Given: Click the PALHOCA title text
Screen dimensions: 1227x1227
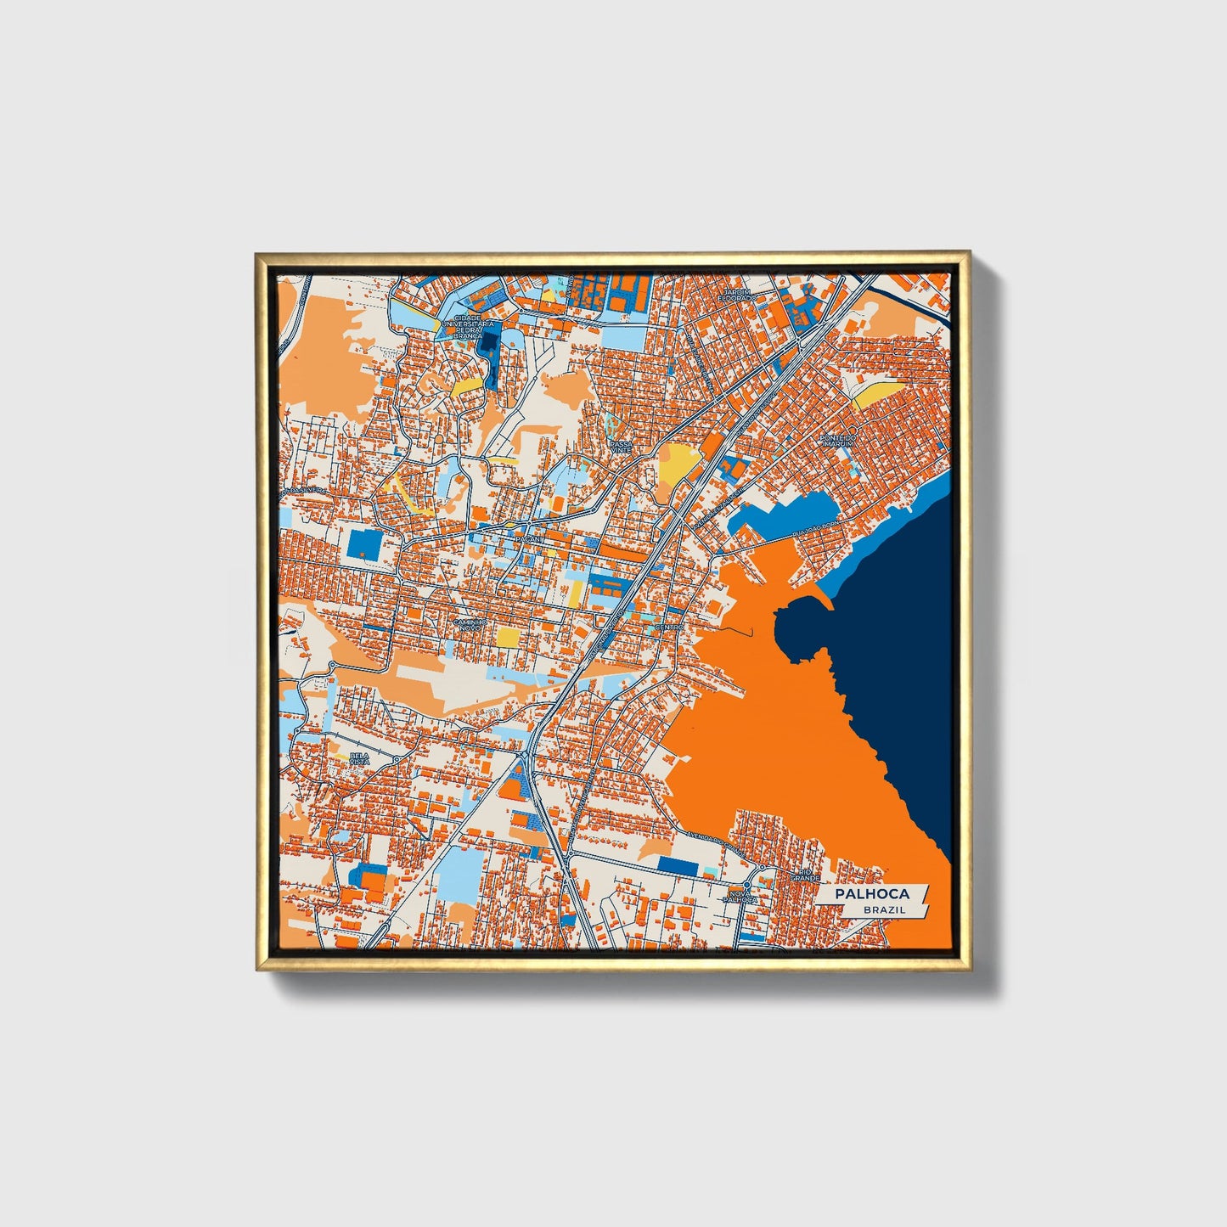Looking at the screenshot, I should tap(871, 894).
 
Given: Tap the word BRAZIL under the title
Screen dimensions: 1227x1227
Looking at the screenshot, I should tap(884, 909).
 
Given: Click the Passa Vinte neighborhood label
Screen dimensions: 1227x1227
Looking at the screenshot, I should tap(622, 446).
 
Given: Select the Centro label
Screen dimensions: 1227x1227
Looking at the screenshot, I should tap(669, 628).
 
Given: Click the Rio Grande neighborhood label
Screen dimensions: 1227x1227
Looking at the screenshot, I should tap(804, 875).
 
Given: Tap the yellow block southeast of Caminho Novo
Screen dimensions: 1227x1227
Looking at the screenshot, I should tap(508, 637).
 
